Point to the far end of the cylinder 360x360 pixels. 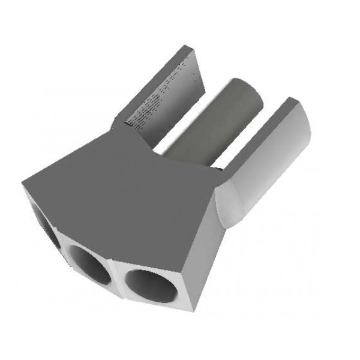[x=249, y=90]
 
